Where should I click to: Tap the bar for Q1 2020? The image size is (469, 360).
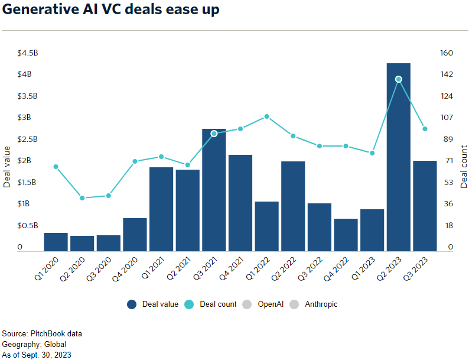coord(56,242)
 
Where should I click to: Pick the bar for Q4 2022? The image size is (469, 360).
coord(346,235)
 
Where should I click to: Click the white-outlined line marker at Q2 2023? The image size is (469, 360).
coord(399,79)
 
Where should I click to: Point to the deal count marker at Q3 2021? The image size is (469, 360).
coord(214,134)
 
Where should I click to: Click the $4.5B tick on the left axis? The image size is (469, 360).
coord(28,53)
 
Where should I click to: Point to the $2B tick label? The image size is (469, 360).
coord(24,161)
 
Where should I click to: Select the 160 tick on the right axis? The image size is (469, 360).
coord(447,53)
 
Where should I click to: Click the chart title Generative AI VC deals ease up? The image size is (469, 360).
coord(111,11)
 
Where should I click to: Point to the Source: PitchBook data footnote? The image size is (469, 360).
coord(42,333)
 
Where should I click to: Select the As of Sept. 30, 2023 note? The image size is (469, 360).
coord(37,355)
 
